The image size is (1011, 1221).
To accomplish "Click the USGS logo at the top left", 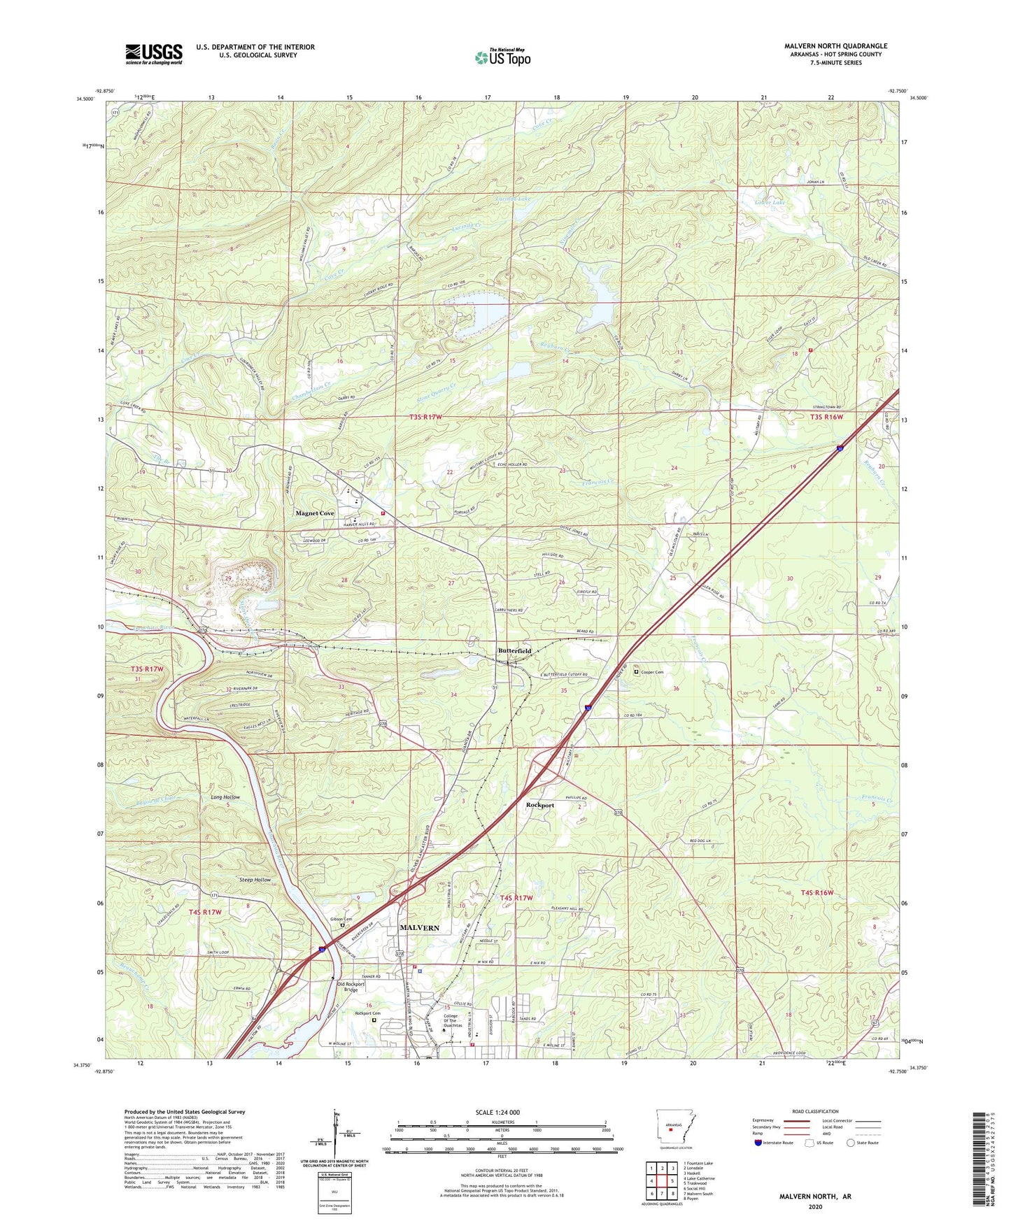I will (154, 53).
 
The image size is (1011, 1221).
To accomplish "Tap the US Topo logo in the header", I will (502, 57).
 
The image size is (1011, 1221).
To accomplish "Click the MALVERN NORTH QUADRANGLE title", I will (835, 46).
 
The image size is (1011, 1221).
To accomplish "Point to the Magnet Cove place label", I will (315, 513).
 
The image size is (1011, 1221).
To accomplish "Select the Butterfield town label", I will (514, 650).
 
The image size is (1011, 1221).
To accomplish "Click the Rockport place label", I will (539, 805).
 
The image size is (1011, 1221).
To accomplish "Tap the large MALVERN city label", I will (419, 928).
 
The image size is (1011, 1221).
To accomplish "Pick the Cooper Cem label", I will (651, 672).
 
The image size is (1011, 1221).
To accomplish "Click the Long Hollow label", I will (225, 797).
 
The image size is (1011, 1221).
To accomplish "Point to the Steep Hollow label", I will (255, 880).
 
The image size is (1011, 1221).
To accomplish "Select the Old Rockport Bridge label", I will (351, 987).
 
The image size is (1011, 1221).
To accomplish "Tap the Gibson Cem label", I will (341, 919).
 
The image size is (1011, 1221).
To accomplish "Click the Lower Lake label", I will (770, 202).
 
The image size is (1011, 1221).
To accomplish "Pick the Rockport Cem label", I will (367, 1013).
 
